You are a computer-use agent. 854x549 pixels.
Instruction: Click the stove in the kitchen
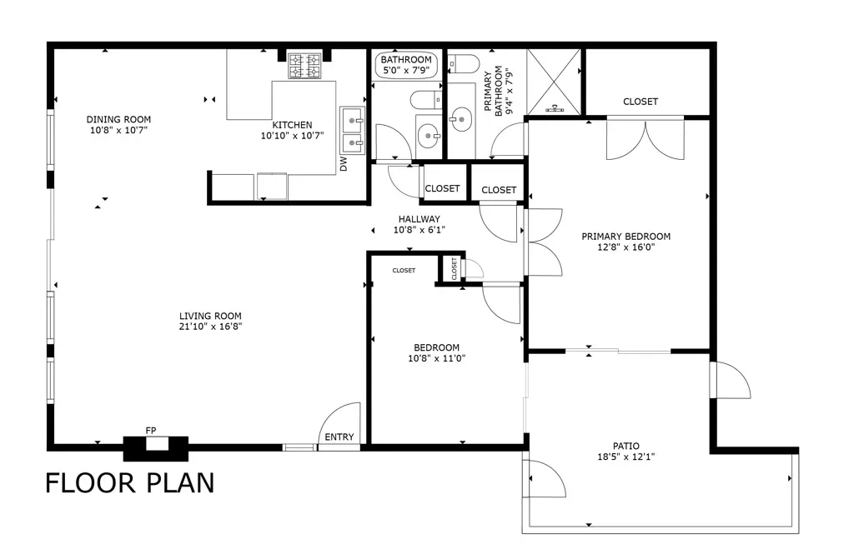pyautogui.click(x=304, y=65)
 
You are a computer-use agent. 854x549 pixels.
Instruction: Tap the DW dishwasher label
pyautogui.click(x=344, y=164)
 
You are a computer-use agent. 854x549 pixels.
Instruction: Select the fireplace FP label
pyautogui.click(x=151, y=431)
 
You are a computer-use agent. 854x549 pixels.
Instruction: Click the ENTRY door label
pyautogui.click(x=339, y=437)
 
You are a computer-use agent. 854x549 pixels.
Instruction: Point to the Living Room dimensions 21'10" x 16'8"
pyautogui.click(x=210, y=327)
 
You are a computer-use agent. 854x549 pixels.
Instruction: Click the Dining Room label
pyautogui.click(x=118, y=119)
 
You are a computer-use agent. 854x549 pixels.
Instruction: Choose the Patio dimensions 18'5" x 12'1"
pyautogui.click(x=625, y=457)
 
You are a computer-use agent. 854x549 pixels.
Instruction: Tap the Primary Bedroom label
pyautogui.click(x=625, y=236)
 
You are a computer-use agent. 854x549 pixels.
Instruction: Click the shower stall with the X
pyautogui.click(x=555, y=82)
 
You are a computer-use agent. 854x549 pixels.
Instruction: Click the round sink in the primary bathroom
pyautogui.click(x=461, y=119)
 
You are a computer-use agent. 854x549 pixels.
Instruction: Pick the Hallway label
pyautogui.click(x=419, y=219)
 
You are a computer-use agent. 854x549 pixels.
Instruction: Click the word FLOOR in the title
pyautogui.click(x=90, y=482)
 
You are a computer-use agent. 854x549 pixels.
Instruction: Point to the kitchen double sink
pyautogui.click(x=353, y=131)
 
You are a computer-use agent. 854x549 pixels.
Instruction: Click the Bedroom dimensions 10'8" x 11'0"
pyautogui.click(x=437, y=358)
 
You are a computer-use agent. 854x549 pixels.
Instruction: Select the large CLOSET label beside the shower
pyautogui.click(x=640, y=101)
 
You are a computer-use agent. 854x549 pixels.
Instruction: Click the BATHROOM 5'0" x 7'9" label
pyautogui.click(x=406, y=65)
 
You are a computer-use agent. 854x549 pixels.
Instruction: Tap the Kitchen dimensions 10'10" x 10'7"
pyautogui.click(x=293, y=136)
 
